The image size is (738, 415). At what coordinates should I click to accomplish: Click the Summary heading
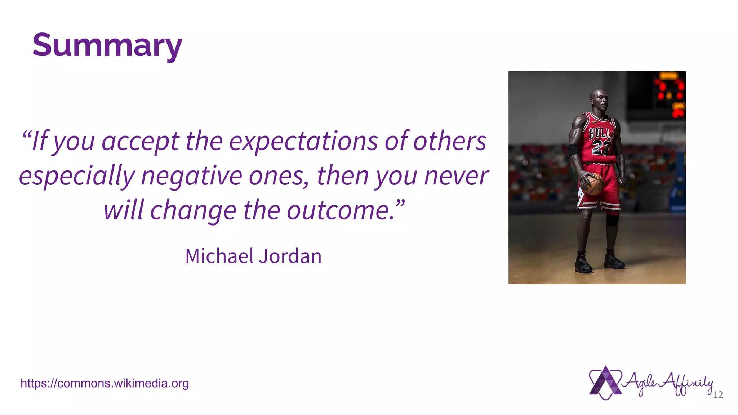click(107, 45)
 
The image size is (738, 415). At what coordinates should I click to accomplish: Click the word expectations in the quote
click(303, 141)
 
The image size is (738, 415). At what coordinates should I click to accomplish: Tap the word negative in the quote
click(191, 176)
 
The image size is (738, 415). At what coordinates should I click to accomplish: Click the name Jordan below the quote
click(290, 256)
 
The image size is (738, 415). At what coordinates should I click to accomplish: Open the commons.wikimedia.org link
click(105, 383)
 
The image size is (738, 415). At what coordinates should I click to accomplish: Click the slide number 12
click(718, 395)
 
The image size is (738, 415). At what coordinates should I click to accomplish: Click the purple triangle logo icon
click(605, 383)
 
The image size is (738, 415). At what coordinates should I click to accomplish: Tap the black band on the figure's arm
click(573, 150)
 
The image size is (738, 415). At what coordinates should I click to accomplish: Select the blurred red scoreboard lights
click(670, 90)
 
